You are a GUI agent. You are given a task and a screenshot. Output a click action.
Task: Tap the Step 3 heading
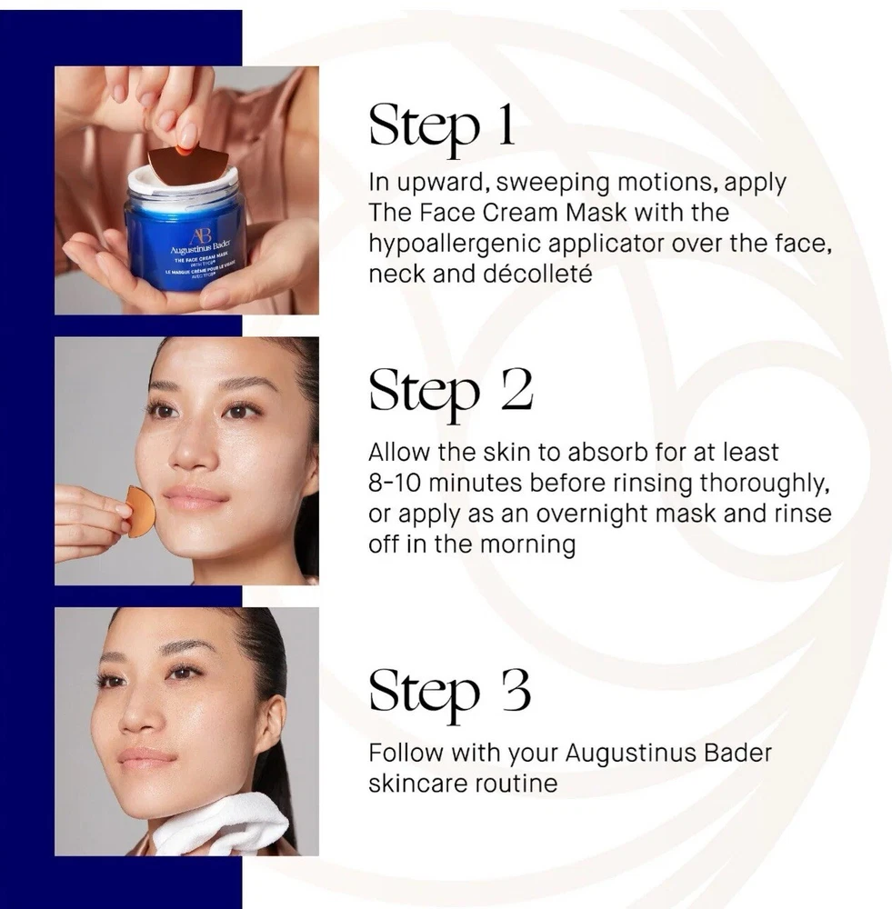(x=449, y=693)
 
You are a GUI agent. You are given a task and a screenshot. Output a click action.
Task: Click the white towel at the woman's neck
(x=224, y=825)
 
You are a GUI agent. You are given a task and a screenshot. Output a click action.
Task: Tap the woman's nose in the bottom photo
(x=135, y=717)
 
